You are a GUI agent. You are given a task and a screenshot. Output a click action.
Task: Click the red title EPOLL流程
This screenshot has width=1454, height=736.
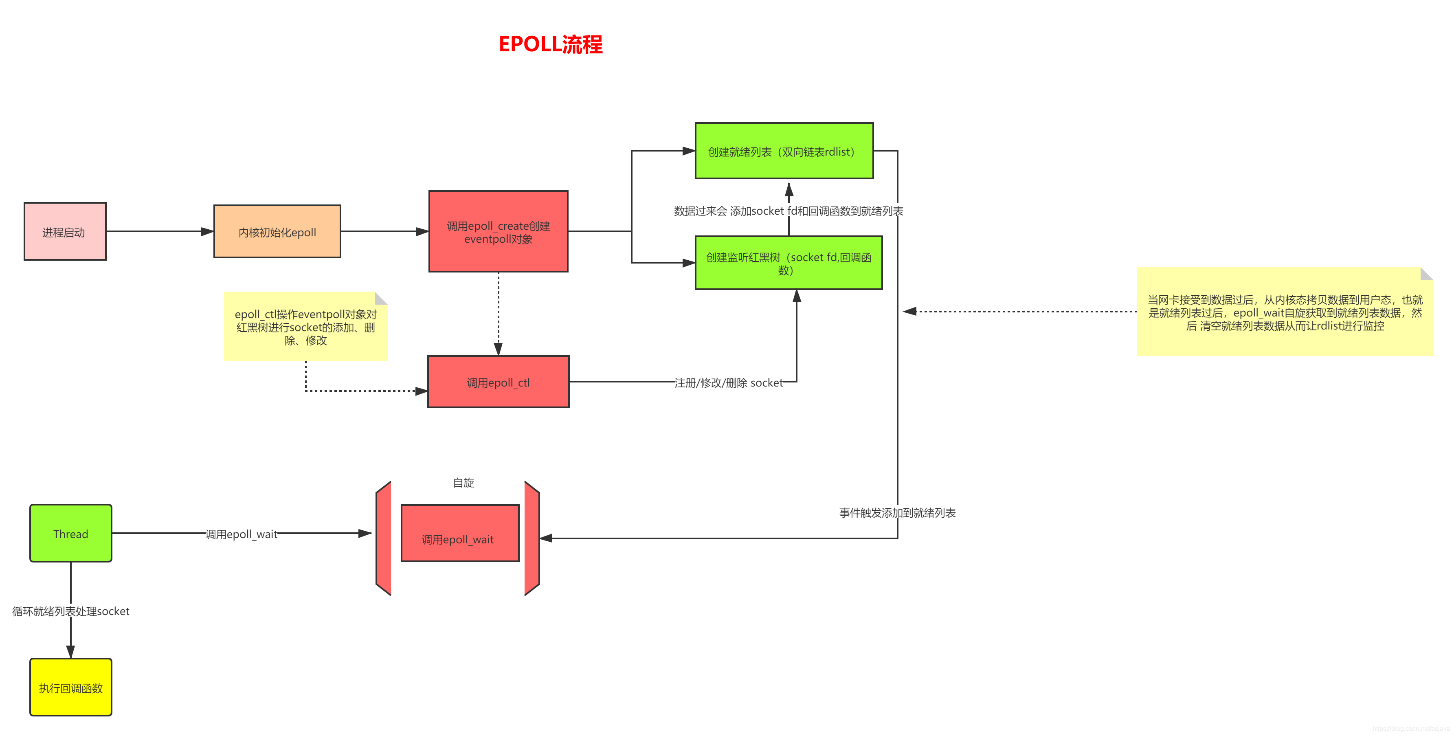(x=550, y=44)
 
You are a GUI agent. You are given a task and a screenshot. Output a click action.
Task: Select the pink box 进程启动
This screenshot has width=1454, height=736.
(x=65, y=231)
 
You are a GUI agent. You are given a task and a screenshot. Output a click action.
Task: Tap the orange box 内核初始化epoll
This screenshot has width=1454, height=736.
(x=277, y=231)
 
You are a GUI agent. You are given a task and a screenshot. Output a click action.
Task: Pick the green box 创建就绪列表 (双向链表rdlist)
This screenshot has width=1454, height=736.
(x=784, y=151)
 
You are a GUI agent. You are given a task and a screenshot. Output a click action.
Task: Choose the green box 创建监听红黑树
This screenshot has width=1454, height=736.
(x=788, y=263)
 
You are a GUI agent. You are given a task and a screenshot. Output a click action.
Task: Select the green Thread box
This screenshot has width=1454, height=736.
(x=70, y=534)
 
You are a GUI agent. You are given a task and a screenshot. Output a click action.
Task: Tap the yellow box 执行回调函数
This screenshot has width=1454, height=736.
(x=70, y=688)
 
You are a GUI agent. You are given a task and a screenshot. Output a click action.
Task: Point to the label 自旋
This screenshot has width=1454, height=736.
(x=463, y=483)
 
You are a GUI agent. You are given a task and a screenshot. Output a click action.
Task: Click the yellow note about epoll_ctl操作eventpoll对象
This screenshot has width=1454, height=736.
(x=305, y=327)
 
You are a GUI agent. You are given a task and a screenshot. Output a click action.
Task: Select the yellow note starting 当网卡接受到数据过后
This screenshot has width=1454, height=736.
(x=1284, y=312)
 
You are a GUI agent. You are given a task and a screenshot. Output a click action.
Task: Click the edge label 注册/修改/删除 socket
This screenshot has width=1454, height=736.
(x=728, y=383)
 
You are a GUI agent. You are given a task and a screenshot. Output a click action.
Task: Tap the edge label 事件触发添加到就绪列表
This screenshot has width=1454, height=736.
(x=897, y=512)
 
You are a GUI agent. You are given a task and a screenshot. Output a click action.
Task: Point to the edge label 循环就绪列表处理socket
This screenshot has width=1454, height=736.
(x=70, y=611)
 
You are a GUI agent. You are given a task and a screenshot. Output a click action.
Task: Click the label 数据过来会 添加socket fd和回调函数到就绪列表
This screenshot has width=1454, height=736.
(x=788, y=211)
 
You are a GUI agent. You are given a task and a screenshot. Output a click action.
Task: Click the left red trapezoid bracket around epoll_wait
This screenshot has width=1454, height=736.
(x=384, y=538)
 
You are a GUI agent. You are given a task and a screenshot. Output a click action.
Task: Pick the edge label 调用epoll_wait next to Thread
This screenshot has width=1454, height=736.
(x=241, y=534)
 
